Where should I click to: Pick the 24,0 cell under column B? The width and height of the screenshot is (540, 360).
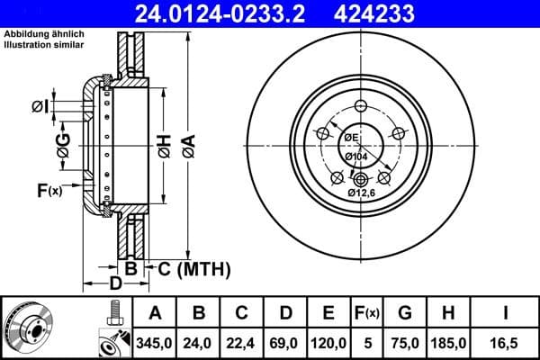(199, 342)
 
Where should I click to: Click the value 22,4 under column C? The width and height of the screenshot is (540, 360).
(242, 342)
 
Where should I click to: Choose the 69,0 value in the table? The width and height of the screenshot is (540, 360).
(285, 342)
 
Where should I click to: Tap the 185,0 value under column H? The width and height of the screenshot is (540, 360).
(449, 342)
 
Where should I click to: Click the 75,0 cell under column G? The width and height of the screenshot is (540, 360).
(406, 342)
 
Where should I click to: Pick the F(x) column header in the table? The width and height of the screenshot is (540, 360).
(368, 313)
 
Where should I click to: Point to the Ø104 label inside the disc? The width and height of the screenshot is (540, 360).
(356, 156)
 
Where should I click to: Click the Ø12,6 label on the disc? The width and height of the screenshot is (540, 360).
(364, 192)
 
